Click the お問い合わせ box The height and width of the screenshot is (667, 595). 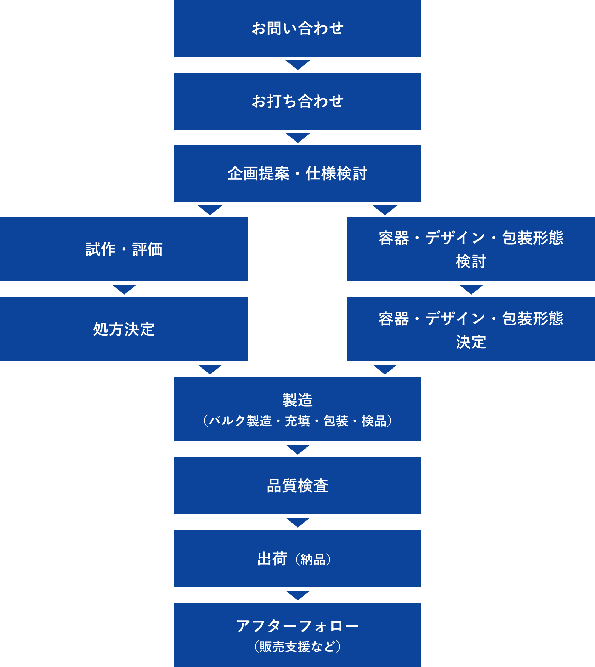pyautogui.click(x=297, y=28)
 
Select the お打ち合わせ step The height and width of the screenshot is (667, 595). pyautogui.click(x=297, y=101)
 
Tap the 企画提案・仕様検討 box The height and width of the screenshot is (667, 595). pyautogui.click(x=297, y=173)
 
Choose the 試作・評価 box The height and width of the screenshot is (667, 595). pyautogui.click(x=124, y=249)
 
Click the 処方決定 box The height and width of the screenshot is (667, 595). pyautogui.click(x=124, y=329)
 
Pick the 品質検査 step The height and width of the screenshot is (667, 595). pyautogui.click(x=297, y=486)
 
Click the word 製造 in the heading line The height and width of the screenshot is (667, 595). pyautogui.click(x=297, y=400)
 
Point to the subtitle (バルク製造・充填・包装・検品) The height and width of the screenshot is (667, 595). pyautogui.click(x=297, y=421)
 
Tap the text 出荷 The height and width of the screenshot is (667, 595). pyautogui.click(x=272, y=559)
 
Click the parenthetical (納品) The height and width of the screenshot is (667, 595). pyautogui.click(x=313, y=560)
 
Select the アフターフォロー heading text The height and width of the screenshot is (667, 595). pyautogui.click(x=297, y=626)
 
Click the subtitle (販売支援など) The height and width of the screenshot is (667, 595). pyautogui.click(x=297, y=647)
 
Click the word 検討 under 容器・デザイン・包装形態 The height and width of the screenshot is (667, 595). pyautogui.click(x=471, y=261)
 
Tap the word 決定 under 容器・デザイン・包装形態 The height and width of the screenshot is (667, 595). pyautogui.click(x=471, y=342)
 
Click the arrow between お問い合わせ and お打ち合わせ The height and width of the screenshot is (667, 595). pyautogui.click(x=297, y=65)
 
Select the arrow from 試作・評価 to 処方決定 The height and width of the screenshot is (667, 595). pyautogui.click(x=124, y=289)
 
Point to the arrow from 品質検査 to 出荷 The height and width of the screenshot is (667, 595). pyautogui.click(x=297, y=522)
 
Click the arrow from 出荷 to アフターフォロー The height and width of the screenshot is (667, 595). pyautogui.click(x=297, y=595)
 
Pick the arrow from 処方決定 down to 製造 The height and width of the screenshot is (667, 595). pyautogui.click(x=210, y=369)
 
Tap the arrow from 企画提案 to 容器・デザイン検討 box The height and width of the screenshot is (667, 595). pyautogui.click(x=385, y=210)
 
